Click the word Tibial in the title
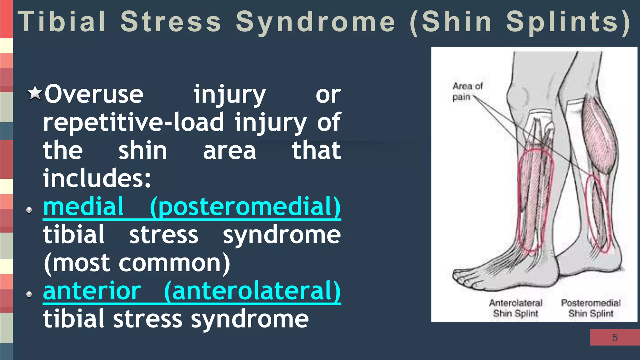coord(62,22)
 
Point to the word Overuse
coord(94,94)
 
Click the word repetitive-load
coord(133,122)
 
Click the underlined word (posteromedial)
coord(245,207)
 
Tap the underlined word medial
coord(83,207)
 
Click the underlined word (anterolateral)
coord(252,291)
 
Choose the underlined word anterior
coord(92,291)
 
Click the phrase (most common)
coord(137,263)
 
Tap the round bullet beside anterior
coord(29,294)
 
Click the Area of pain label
coord(467,91)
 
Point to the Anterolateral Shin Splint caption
coord(516,308)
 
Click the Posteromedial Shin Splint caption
coord(591,308)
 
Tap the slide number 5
coord(615,337)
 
